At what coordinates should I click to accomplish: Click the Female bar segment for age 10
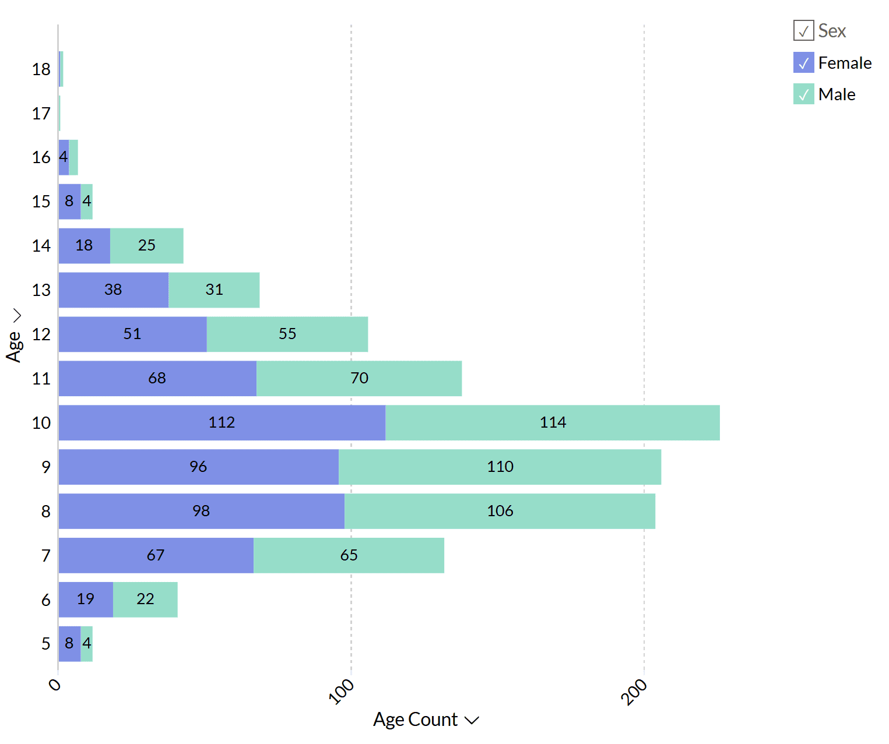pos(222,422)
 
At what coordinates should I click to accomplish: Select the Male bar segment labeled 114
pos(552,422)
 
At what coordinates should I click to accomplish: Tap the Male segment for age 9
pos(500,467)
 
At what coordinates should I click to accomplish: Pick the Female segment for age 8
pos(201,511)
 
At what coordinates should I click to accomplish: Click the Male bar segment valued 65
pos(349,555)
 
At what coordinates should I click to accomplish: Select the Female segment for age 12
pos(132,334)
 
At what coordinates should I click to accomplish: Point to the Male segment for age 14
pos(146,245)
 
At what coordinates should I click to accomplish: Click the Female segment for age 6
pos(86,600)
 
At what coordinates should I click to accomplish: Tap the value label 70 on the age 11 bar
pos(359,378)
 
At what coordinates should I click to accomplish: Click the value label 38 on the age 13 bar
pos(113,290)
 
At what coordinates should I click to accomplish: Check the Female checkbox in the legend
pos(803,62)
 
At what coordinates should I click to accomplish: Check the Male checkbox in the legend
pos(803,94)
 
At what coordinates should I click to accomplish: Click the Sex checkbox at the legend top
pos(803,30)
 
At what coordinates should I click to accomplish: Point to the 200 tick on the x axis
pos(635,692)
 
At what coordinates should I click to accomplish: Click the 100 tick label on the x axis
pos(342,692)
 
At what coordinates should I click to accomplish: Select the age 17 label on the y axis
pos(41,114)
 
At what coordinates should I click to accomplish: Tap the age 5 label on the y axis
pos(46,644)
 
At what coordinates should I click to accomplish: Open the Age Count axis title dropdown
pos(472,720)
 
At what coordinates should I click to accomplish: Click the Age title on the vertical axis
pos(13,346)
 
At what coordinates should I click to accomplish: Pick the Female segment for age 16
pos(64,157)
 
